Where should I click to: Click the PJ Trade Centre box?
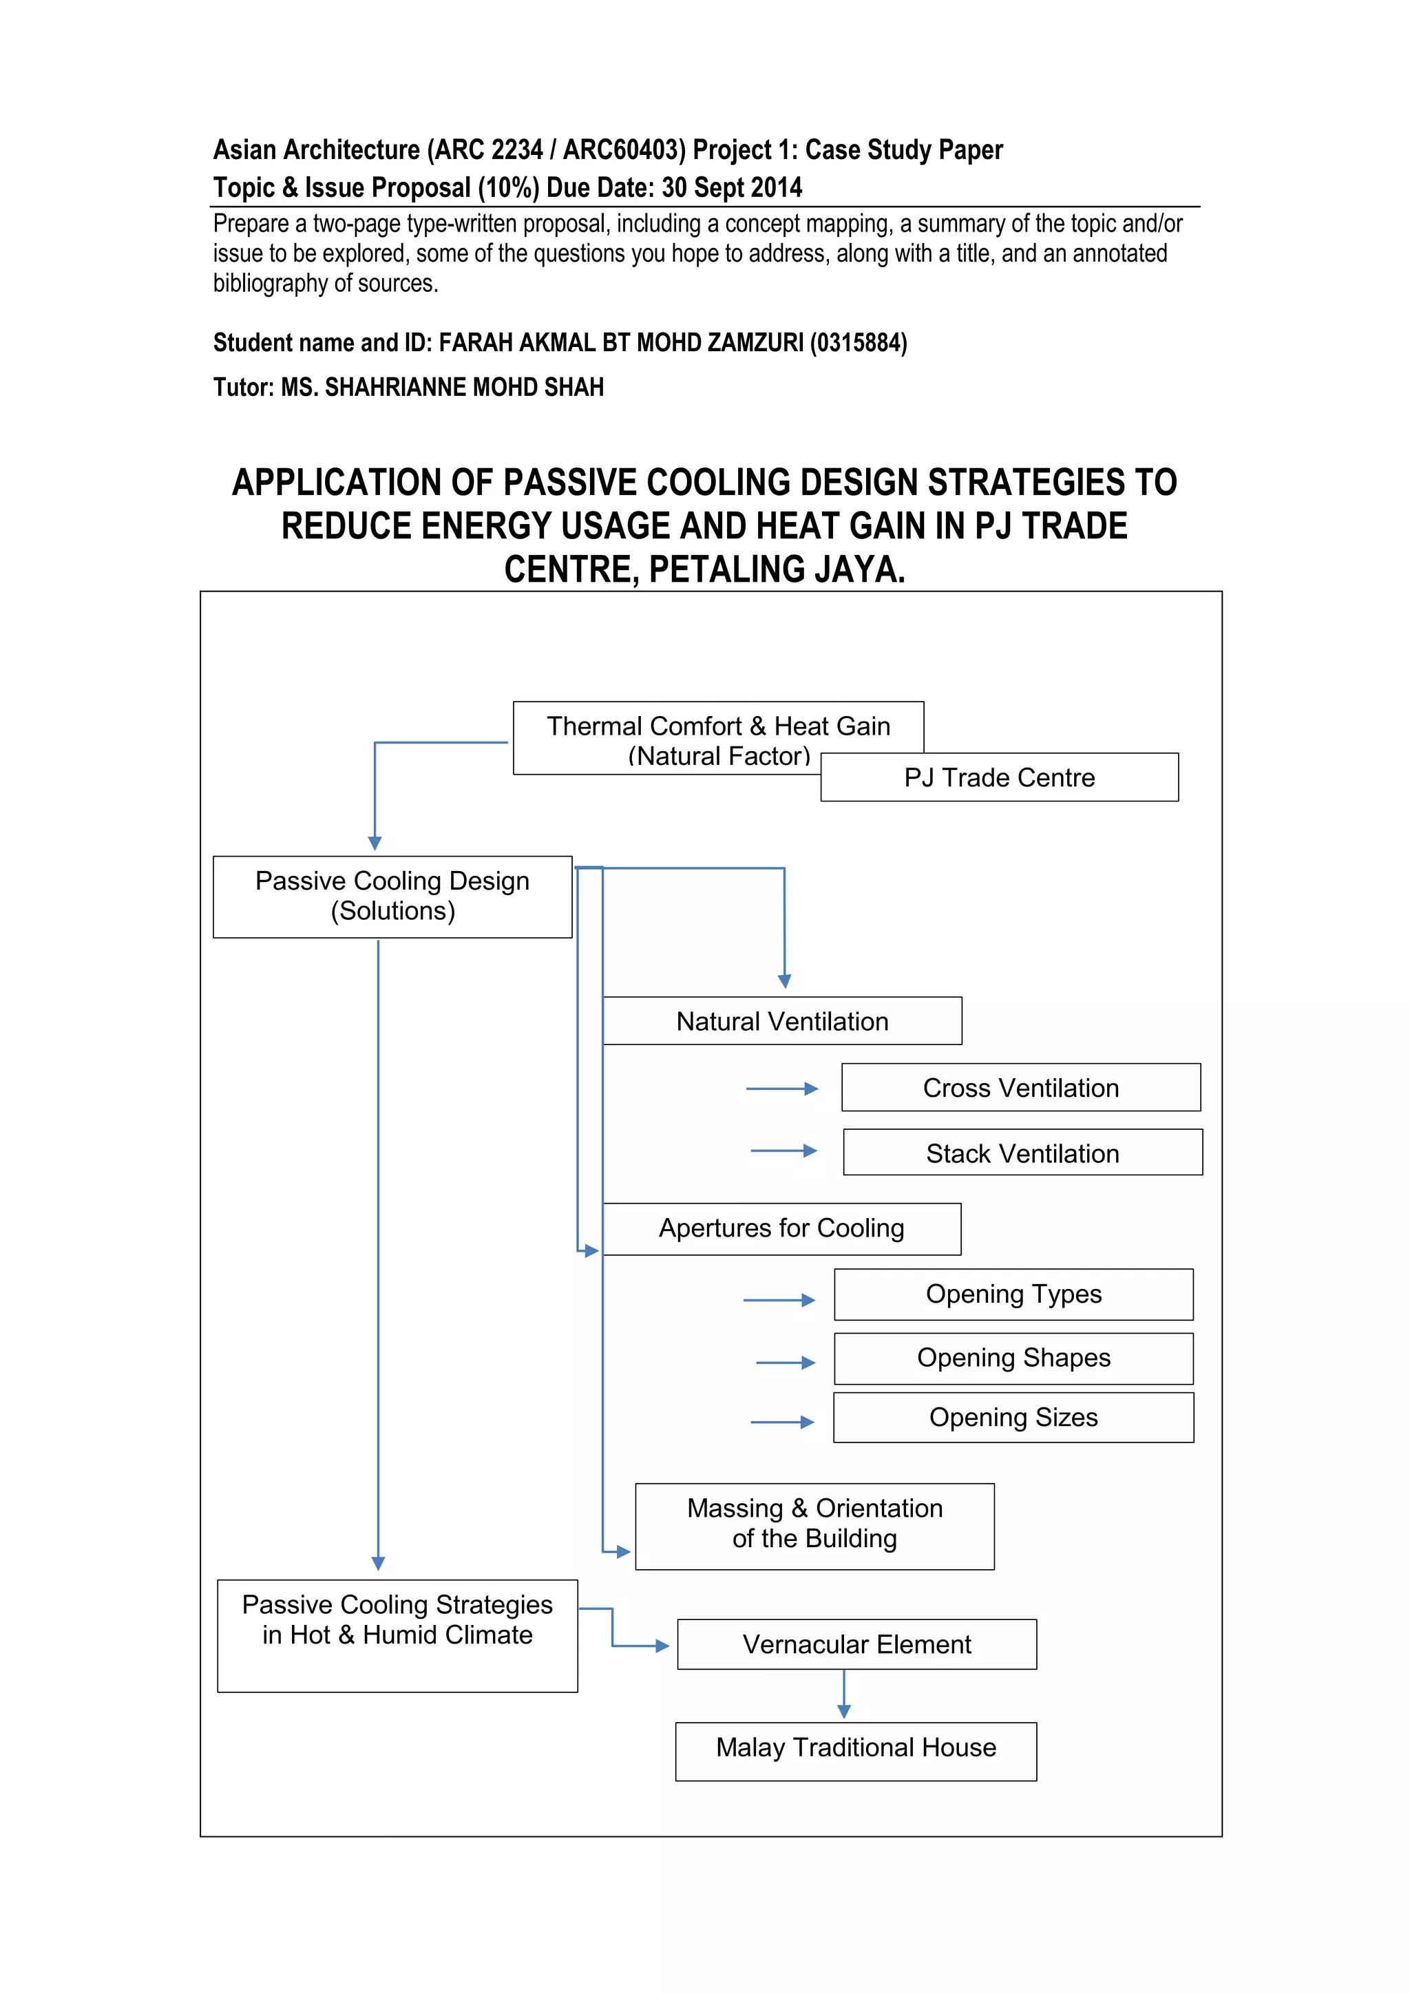click(1000, 777)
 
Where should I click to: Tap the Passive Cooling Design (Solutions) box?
click(392, 896)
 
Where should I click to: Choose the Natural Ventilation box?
click(782, 1021)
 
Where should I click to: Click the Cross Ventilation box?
click(1021, 1087)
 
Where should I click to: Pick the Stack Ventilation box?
click(1023, 1153)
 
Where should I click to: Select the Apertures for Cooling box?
click(781, 1228)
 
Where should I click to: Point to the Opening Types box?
click(1013, 1294)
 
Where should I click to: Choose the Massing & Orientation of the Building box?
click(814, 1526)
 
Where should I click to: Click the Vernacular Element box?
click(857, 1644)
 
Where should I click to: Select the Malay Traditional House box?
click(856, 1748)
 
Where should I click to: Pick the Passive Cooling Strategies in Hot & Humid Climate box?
click(398, 1635)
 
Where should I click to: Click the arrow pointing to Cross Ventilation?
click(782, 1088)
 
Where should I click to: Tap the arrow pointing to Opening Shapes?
click(786, 1363)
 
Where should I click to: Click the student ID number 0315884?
click(858, 343)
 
